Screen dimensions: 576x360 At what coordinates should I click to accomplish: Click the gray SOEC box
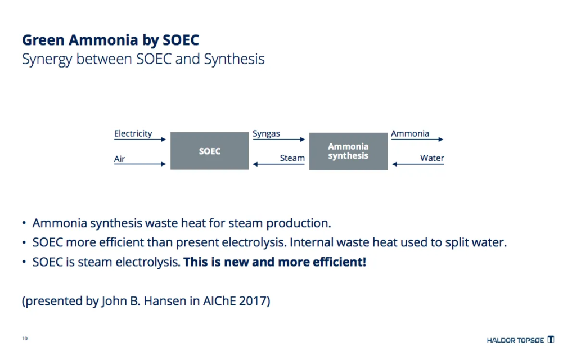209,151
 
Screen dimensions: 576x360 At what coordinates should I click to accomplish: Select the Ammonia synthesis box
348,151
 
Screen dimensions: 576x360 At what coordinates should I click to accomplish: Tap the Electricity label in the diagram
133,133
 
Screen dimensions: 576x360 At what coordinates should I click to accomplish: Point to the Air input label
119,159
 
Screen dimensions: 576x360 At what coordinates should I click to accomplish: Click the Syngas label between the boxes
266,134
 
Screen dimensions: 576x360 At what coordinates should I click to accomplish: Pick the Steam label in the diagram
292,158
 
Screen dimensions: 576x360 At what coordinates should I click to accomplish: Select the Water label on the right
432,158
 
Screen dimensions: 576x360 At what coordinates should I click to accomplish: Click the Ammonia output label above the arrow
410,133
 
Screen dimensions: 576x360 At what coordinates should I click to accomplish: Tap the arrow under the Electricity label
140,139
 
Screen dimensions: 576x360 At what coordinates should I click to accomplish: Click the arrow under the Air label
140,164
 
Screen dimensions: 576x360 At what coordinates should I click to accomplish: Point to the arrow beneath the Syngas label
279,139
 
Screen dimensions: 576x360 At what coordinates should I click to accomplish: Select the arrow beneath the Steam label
279,164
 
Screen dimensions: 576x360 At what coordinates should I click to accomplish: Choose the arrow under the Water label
418,164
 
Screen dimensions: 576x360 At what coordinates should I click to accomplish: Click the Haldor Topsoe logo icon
551,339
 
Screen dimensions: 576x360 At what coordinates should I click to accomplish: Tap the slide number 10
25,338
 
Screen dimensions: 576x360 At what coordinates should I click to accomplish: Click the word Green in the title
43,40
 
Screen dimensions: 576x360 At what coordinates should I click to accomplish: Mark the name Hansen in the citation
165,301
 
